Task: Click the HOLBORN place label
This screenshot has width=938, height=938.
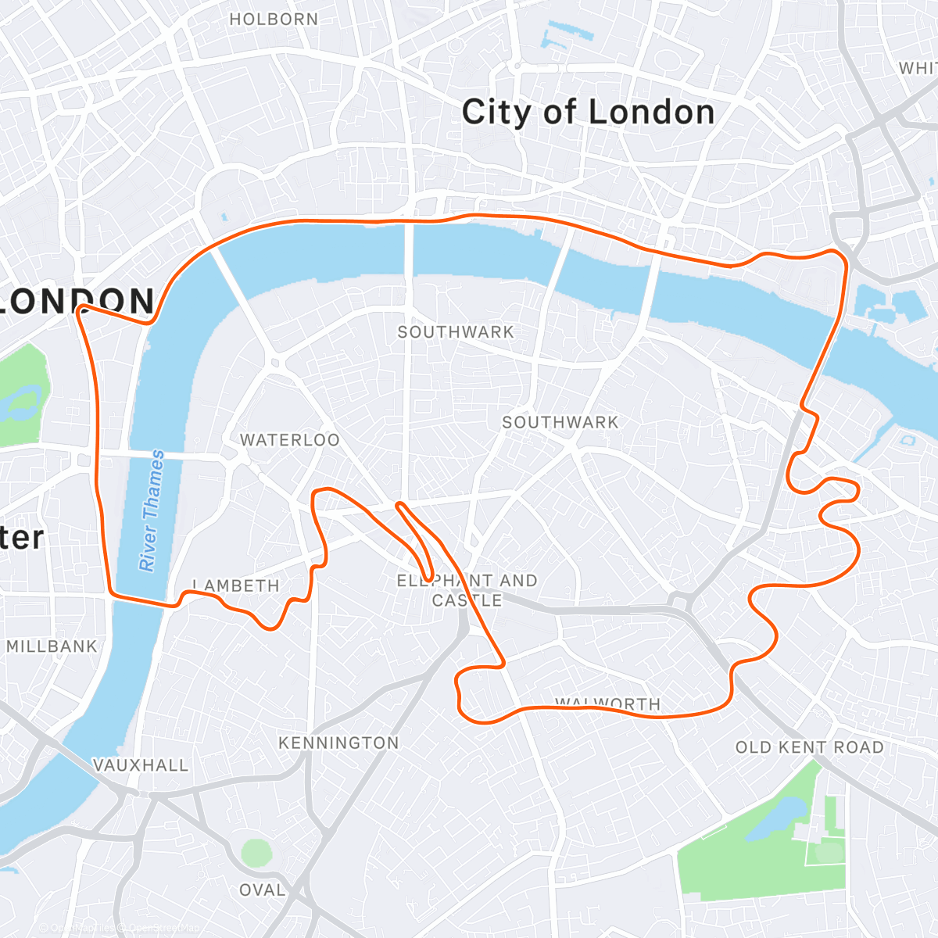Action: click(274, 20)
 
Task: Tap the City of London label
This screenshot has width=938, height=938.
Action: click(588, 113)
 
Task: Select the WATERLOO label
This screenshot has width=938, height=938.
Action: click(290, 440)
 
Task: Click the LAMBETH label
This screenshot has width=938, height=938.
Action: click(236, 585)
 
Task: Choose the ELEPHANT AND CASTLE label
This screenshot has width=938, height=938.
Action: click(467, 590)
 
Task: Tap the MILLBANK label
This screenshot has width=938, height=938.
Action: click(52, 646)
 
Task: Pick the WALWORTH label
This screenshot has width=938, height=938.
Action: click(608, 703)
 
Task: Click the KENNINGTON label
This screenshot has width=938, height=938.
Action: click(338, 743)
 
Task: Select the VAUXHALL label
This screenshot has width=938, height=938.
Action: click(141, 765)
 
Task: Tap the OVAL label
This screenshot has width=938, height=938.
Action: click(262, 890)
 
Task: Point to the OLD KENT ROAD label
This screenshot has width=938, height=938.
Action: click(809, 747)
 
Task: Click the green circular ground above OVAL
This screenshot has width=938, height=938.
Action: click(256, 853)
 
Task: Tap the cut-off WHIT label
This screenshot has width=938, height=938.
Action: click(918, 69)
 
